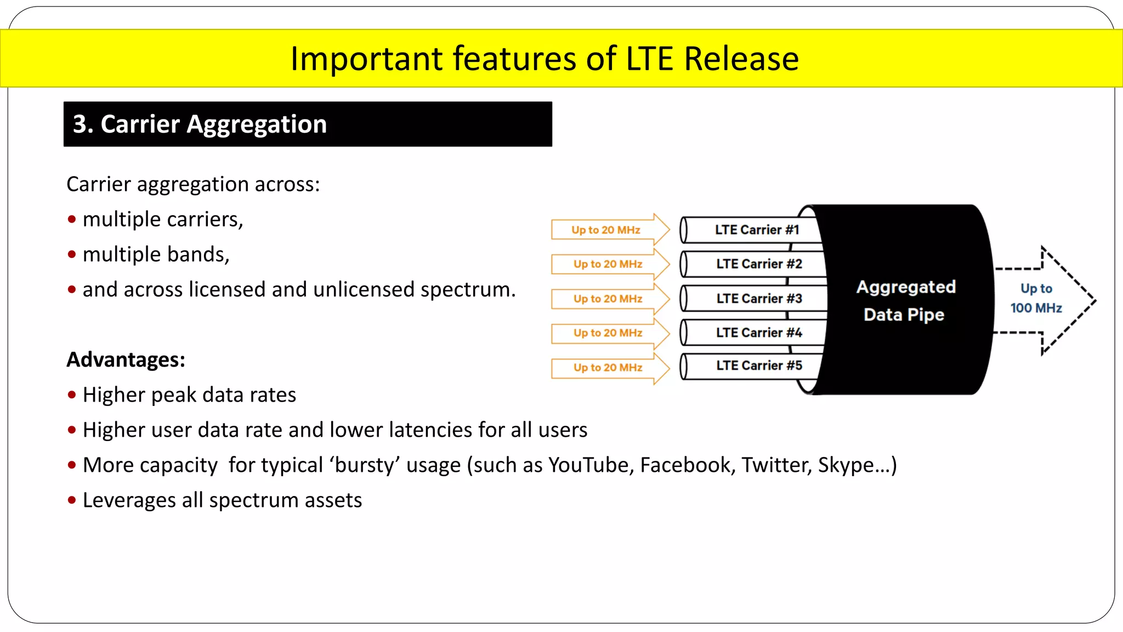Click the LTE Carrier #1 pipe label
click(x=757, y=230)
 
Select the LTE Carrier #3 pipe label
click(x=759, y=298)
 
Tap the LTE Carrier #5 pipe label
click(x=759, y=365)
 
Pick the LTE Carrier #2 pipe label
click(x=759, y=264)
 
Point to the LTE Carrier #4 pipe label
click(x=759, y=332)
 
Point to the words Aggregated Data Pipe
click(x=905, y=301)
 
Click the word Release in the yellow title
click(x=741, y=59)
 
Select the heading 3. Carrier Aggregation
click(x=200, y=124)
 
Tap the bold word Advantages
click(x=126, y=360)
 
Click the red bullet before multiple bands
click(x=72, y=255)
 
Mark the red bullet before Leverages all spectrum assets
click(x=72, y=500)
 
